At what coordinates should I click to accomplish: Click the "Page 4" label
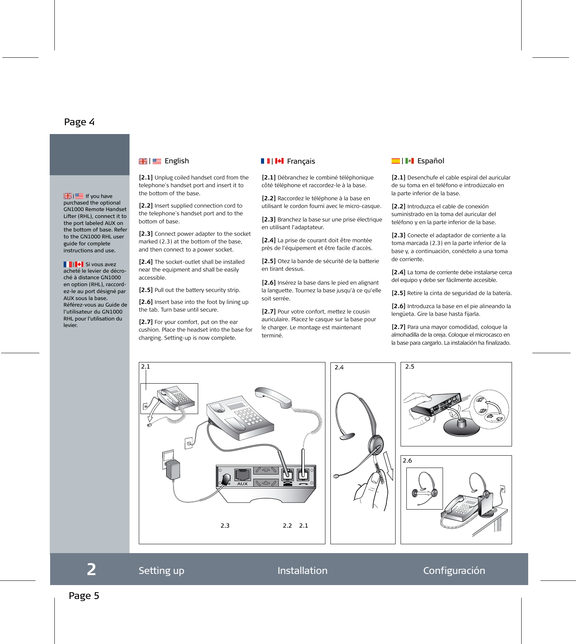pyautogui.click(x=79, y=122)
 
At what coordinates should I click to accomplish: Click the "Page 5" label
pyautogui.click(x=84, y=596)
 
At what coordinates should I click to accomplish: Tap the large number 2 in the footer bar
pyautogui.click(x=91, y=570)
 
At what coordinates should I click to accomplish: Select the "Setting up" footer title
pyautogui.click(x=161, y=570)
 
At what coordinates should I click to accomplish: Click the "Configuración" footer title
pyautogui.click(x=454, y=570)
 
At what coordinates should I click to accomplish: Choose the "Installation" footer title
pyautogui.click(x=302, y=570)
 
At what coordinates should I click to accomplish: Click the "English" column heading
pyautogui.click(x=177, y=161)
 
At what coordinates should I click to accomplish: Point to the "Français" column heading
pyautogui.click(x=301, y=161)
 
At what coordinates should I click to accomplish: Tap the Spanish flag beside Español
pyautogui.click(x=396, y=161)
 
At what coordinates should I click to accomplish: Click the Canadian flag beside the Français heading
pyautogui.click(x=280, y=161)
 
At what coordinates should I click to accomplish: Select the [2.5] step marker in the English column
pyautogui.click(x=146, y=290)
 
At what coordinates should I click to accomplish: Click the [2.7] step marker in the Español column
pyautogui.click(x=398, y=327)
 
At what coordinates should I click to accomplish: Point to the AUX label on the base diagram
pyautogui.click(x=243, y=484)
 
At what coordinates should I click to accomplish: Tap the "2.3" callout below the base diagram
pyautogui.click(x=225, y=526)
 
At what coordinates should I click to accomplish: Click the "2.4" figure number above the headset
pyautogui.click(x=339, y=367)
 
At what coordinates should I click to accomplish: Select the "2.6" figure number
pyautogui.click(x=407, y=461)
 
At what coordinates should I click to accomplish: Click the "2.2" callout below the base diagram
pyautogui.click(x=287, y=526)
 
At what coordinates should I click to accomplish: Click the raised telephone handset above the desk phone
pyautogui.click(x=273, y=397)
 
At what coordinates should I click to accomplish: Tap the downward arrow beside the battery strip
pyautogui.click(x=389, y=466)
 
